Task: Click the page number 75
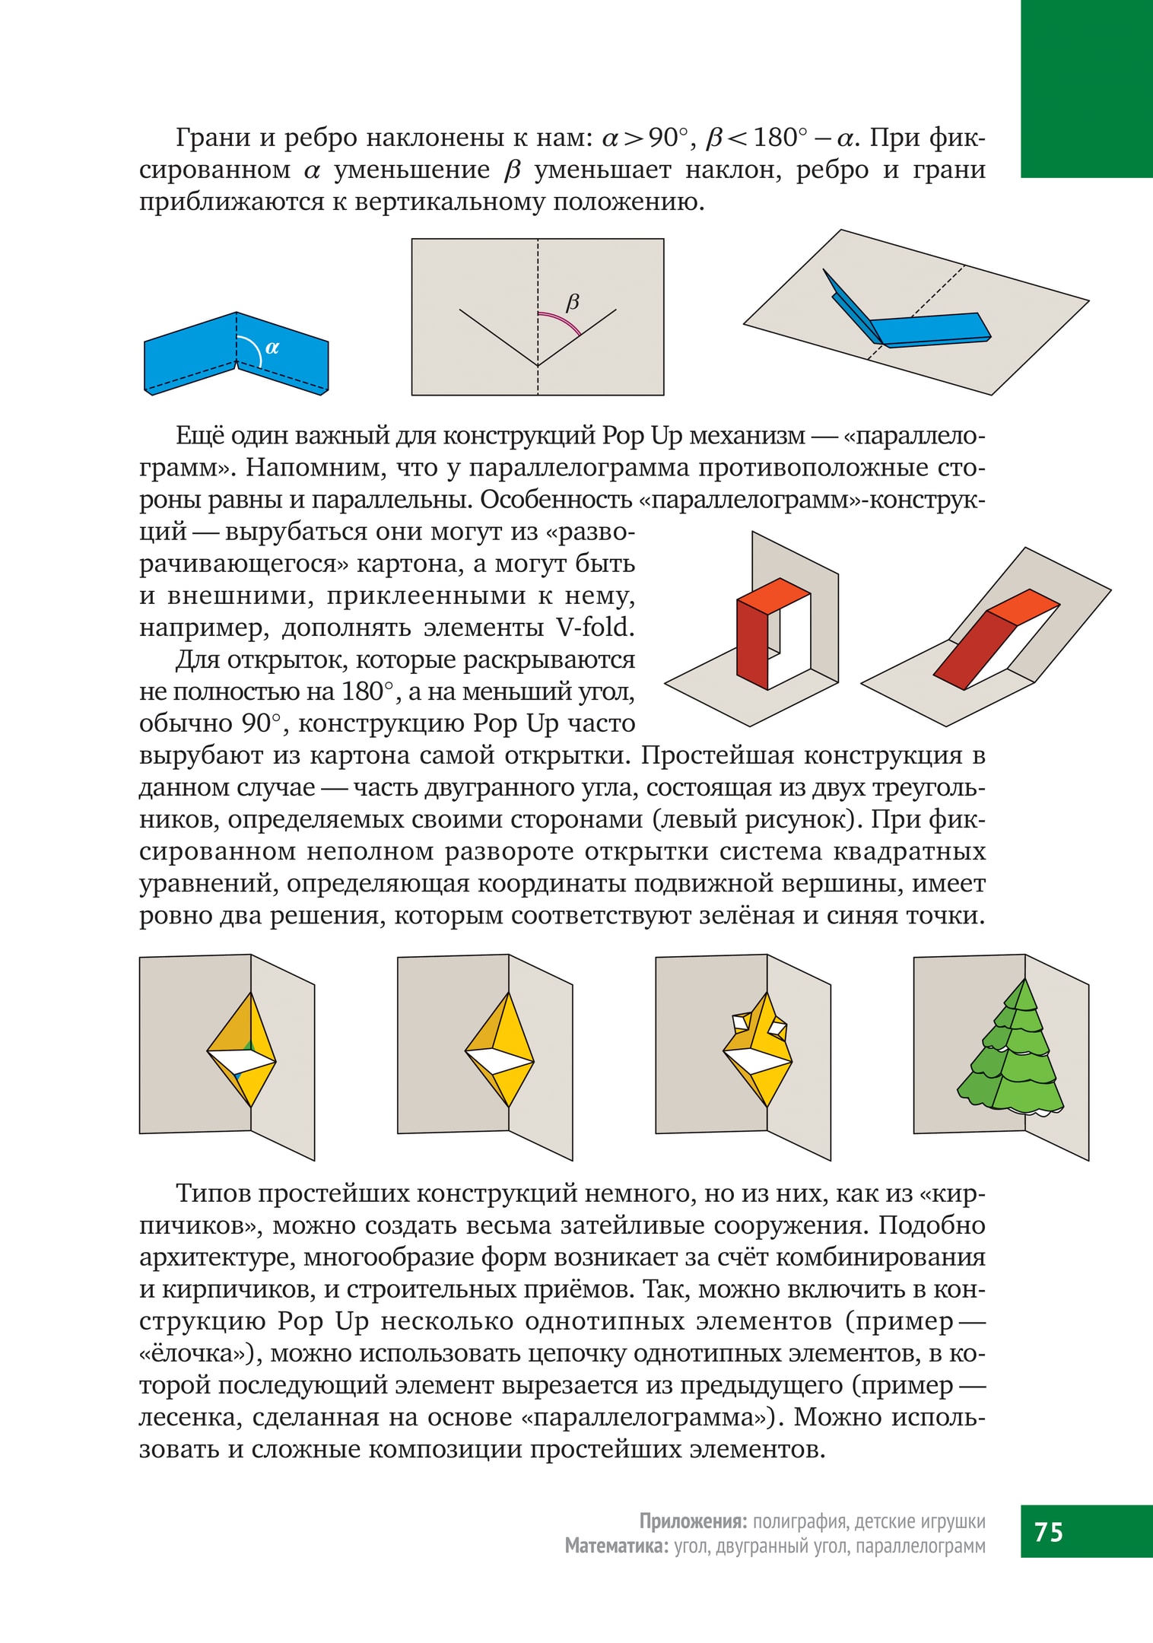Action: (1048, 1531)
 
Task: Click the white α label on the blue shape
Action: (272, 348)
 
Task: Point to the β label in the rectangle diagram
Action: (573, 302)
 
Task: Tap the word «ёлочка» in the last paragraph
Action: (200, 1353)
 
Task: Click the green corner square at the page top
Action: (1086, 88)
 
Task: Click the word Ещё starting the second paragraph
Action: (199, 436)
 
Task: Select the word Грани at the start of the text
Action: (213, 138)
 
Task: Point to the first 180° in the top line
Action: (780, 138)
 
